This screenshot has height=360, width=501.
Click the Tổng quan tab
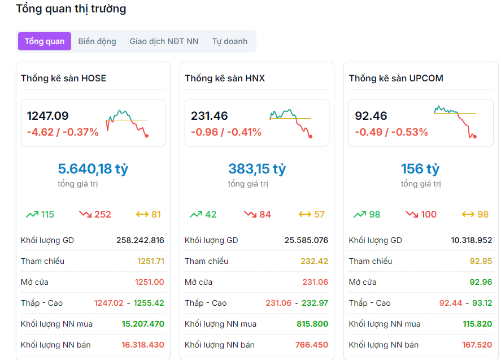pyautogui.click(x=45, y=41)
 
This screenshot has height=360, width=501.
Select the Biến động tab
pyautogui.click(x=97, y=41)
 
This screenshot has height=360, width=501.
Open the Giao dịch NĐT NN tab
pyautogui.click(x=164, y=41)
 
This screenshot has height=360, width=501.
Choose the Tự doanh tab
pyautogui.click(x=230, y=41)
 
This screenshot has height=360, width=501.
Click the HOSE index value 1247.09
pyautogui.click(x=47, y=116)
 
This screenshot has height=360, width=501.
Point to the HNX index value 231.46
pyautogui.click(x=209, y=116)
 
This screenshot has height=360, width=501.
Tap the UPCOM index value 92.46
pyautogui.click(x=371, y=116)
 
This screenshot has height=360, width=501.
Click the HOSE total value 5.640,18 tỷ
pyautogui.click(x=93, y=168)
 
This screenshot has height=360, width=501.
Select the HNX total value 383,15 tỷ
pyautogui.click(x=257, y=168)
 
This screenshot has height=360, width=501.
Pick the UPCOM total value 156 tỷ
pyautogui.click(x=420, y=168)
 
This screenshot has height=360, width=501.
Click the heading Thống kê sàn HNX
pyautogui.click(x=225, y=78)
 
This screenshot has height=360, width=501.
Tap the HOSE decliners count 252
pyautogui.click(x=103, y=214)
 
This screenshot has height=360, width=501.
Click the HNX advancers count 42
pyautogui.click(x=210, y=214)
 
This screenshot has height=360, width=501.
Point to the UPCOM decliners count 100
pyautogui.click(x=429, y=214)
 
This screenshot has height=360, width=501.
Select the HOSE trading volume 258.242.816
pyautogui.click(x=140, y=240)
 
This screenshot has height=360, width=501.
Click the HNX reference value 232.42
pyautogui.click(x=315, y=261)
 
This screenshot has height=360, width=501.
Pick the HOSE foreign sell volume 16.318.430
pyautogui.click(x=143, y=345)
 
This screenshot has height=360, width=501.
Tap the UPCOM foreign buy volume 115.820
pyautogui.click(x=477, y=324)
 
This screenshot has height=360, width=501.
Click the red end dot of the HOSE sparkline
pyautogui.click(x=147, y=136)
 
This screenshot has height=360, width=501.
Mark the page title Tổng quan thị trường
pyautogui.click(x=71, y=9)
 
